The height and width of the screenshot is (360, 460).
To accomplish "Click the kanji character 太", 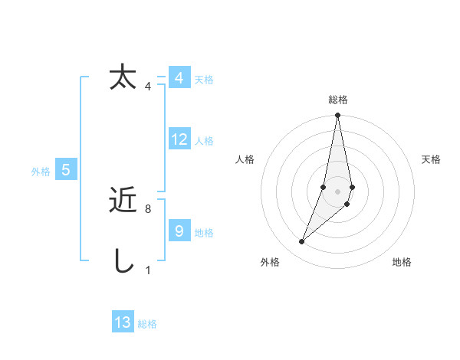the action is click(123, 78).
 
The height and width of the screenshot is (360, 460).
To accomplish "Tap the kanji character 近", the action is click(123, 201).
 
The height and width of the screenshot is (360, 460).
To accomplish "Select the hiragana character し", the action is click(123, 261).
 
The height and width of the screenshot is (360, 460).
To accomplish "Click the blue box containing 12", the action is click(179, 139).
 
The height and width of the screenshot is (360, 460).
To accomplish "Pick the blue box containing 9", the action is click(179, 231).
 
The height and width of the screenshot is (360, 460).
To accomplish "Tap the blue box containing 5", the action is click(67, 170).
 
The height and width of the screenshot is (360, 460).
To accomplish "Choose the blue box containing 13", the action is click(123, 322).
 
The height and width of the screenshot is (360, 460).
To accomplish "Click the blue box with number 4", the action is click(179, 78).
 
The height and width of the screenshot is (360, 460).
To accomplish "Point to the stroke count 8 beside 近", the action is click(148, 208).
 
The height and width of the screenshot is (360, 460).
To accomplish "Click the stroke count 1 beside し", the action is click(148, 270).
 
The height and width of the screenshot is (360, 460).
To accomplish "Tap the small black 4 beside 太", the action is click(148, 86).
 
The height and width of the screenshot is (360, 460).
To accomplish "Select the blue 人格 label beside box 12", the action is click(204, 141).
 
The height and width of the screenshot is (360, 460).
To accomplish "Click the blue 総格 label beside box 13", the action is click(147, 324).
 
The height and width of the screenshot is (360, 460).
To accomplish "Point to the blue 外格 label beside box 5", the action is click(41, 172).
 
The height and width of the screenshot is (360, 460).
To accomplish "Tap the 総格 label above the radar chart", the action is click(338, 100).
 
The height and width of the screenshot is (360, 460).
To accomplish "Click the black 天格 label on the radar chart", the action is click(431, 159).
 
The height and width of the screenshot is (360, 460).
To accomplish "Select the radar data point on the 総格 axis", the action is click(338, 116).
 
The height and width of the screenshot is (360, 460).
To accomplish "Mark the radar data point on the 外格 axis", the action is click(302, 242).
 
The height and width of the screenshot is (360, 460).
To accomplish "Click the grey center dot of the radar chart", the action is click(338, 191).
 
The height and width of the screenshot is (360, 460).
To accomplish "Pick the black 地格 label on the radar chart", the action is click(402, 262).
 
